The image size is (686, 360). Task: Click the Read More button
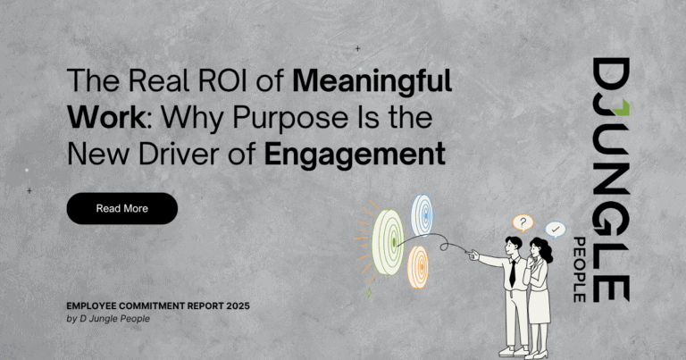(x=122, y=209)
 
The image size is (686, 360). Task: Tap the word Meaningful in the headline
(x=372, y=82)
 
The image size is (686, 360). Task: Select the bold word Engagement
(x=355, y=155)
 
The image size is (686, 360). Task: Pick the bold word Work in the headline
(x=106, y=117)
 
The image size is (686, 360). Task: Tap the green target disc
(x=388, y=242)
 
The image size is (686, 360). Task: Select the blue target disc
(x=422, y=215)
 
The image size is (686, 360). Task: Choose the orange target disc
(x=418, y=267)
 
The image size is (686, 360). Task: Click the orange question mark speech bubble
(x=523, y=223)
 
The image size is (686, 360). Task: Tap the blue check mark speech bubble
(x=556, y=230)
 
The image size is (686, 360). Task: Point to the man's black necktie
(x=513, y=272)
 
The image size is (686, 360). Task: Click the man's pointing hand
(x=473, y=255)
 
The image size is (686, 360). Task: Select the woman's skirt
(x=539, y=306)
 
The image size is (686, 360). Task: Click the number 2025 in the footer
(x=238, y=306)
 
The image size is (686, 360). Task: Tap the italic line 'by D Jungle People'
(x=108, y=319)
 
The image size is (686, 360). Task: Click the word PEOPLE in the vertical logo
(x=580, y=270)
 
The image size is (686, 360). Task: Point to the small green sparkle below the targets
(x=369, y=293)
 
